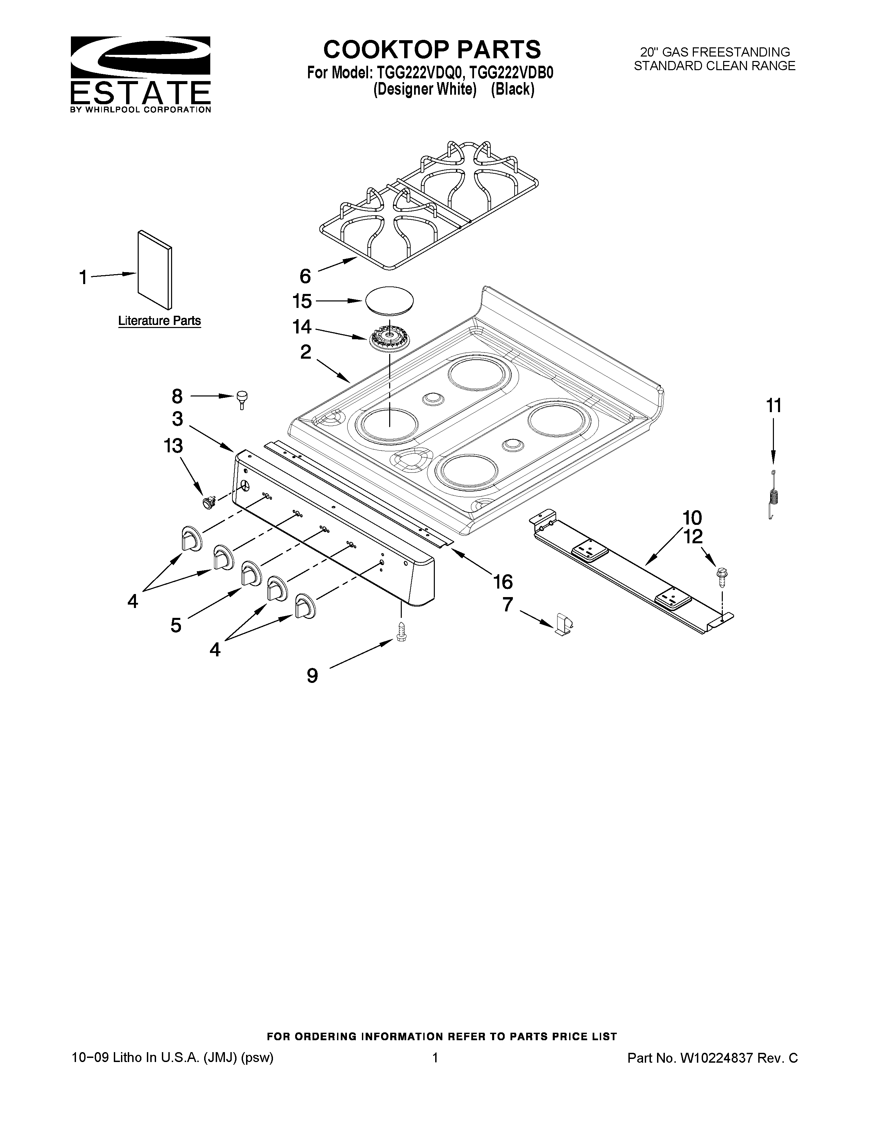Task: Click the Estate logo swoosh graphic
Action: click(x=140, y=57)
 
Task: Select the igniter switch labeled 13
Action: click(x=209, y=501)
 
